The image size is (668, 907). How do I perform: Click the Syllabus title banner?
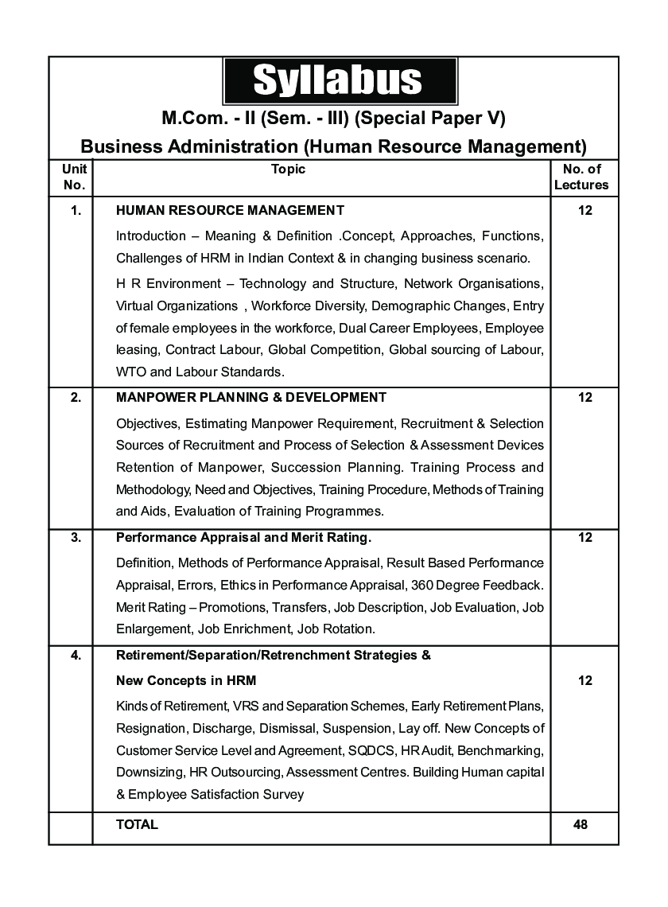(340, 81)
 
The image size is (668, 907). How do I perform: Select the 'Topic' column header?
(288, 169)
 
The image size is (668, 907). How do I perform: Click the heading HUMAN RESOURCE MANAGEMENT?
(230, 210)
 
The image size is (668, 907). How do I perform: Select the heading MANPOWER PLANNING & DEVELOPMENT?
(251, 397)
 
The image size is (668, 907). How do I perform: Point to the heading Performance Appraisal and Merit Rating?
(243, 537)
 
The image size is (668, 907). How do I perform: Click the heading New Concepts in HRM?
(186, 680)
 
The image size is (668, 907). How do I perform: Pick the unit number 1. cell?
(76, 210)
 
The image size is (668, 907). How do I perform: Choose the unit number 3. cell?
(76, 537)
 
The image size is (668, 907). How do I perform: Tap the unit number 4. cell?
(76, 655)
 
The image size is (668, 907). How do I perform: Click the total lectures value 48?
(581, 824)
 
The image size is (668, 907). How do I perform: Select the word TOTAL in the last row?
(137, 824)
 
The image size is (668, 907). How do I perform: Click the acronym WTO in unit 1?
(130, 372)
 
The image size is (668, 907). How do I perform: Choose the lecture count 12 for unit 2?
(585, 397)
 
